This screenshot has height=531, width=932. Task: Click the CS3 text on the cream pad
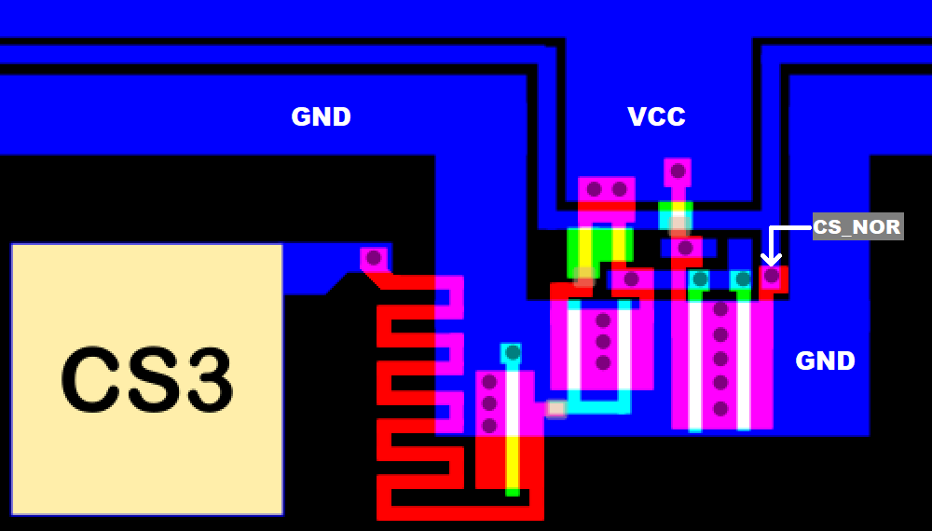coord(146,380)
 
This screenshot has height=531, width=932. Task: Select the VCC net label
coord(656,117)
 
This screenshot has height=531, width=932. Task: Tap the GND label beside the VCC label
coord(321,117)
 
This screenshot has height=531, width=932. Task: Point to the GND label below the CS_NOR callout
coord(825,361)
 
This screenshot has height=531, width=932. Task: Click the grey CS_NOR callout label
coord(857,226)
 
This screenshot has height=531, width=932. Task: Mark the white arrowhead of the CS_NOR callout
coord(771,258)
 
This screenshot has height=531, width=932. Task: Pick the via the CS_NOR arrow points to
coord(772,276)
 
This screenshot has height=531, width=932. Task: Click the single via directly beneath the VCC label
coord(678,171)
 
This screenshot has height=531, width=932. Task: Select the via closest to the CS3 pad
coord(373,257)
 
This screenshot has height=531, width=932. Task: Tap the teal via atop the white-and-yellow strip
coord(512,352)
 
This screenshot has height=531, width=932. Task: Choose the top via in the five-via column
coord(720,310)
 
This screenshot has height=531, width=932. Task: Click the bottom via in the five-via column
coord(720,408)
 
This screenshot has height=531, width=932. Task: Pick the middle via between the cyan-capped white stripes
coord(603,342)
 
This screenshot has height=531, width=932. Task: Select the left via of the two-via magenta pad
coord(594,189)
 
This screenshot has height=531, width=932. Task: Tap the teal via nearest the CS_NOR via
coord(742,279)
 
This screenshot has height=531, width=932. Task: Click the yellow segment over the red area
coord(512,459)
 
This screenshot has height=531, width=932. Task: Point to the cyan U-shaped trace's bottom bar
coord(597,407)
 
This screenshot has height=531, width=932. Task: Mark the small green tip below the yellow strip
coord(512,491)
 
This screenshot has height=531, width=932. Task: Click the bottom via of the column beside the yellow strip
coord(488,427)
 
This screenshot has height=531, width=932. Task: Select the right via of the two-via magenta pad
coord(619,189)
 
